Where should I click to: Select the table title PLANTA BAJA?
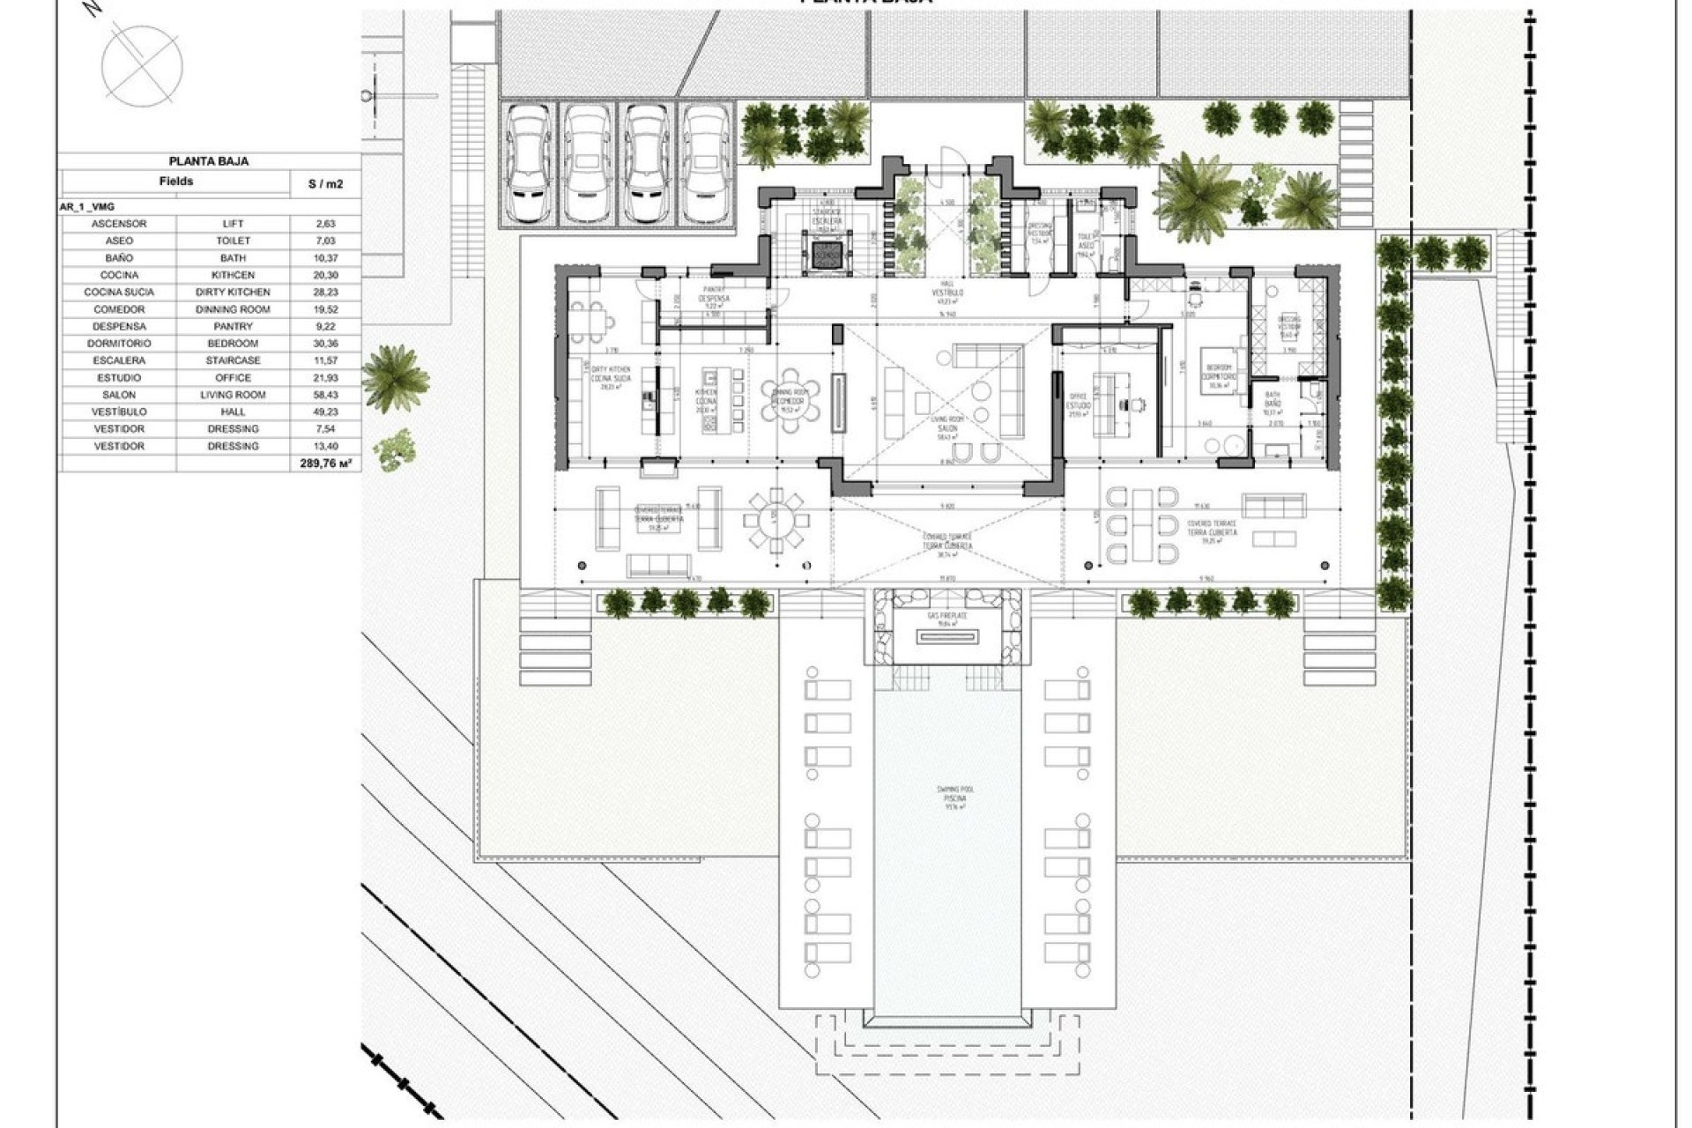209,161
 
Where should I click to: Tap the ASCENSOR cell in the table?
118,224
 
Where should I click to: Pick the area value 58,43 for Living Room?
324,395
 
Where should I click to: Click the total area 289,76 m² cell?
326,462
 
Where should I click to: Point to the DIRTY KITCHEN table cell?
233,292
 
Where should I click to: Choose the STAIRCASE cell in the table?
233,360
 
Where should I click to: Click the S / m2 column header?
324,183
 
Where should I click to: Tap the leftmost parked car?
529,163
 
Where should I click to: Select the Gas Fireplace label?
947,619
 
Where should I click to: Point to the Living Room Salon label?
949,423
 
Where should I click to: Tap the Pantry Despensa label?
715,299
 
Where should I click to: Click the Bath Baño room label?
1271,402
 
